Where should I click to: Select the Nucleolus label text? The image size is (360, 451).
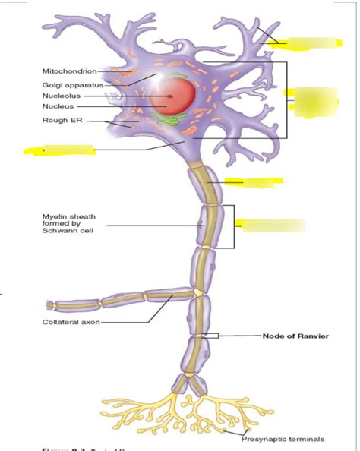60,96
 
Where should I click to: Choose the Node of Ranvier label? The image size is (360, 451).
295,336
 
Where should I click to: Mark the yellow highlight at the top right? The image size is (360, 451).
304,43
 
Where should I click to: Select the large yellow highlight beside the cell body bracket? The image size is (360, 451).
311,102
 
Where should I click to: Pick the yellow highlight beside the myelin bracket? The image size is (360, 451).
270,225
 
